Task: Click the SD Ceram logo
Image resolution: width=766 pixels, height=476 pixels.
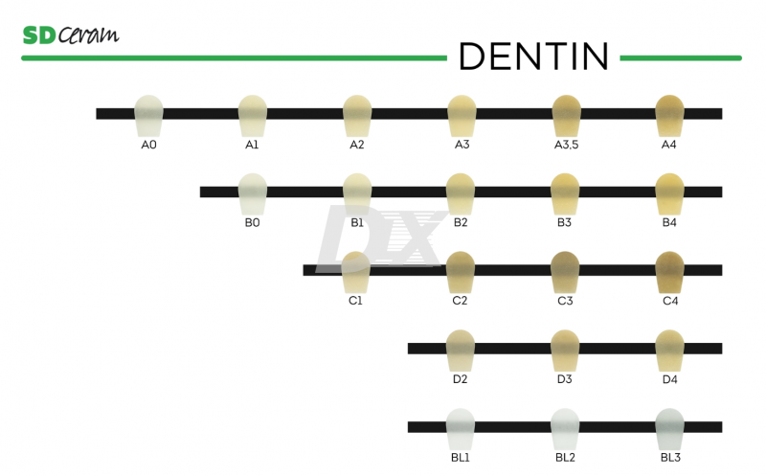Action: click(70, 35)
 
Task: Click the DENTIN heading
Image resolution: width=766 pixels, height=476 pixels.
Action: click(533, 57)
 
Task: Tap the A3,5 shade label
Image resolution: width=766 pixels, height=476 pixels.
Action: click(565, 145)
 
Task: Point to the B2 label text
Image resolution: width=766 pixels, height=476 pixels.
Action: click(461, 222)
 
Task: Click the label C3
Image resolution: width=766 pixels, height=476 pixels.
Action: click(565, 301)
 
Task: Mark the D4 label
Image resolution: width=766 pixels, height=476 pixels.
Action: click(669, 379)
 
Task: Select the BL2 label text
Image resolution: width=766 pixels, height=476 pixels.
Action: click(565, 458)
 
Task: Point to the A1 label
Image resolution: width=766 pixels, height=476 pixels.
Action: click(252, 145)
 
